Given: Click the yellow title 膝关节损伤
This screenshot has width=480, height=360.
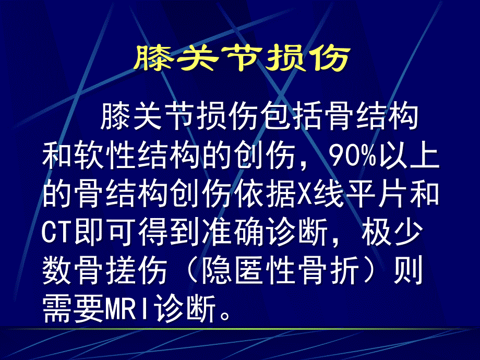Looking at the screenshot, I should point(241,58).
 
